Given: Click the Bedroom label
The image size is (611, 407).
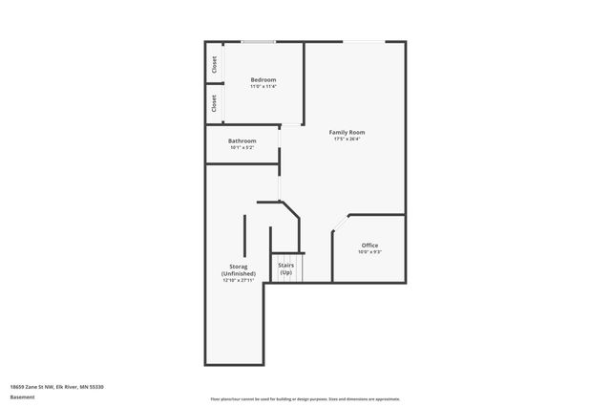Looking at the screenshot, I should coord(263,79).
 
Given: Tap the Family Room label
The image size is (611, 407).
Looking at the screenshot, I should coord(347,132).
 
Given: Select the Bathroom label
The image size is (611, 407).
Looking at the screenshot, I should coord(242,140).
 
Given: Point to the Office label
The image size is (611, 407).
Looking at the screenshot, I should coord(369,246).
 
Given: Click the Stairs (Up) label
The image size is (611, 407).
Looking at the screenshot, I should coord(285,268).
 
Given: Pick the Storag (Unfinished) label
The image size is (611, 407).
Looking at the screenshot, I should coord(238,270).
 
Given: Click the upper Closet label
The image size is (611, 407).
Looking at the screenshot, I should coord(214,65).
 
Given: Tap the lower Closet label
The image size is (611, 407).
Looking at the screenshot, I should coord(214,103).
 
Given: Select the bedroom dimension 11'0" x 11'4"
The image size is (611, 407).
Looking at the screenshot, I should coord(263,87).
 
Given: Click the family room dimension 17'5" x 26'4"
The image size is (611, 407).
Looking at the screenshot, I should coord(347,139).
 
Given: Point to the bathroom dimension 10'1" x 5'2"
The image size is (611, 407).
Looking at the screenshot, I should coord(242,147).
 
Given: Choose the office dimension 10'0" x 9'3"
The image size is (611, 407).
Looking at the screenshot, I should coord(369,252).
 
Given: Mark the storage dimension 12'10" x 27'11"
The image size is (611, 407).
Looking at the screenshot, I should coord(238,281).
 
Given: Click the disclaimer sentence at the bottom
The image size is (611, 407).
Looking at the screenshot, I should coord(305,398).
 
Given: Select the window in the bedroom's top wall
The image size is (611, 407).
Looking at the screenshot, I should coord(258,41).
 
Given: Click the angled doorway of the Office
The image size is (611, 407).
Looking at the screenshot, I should coord(339,225).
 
